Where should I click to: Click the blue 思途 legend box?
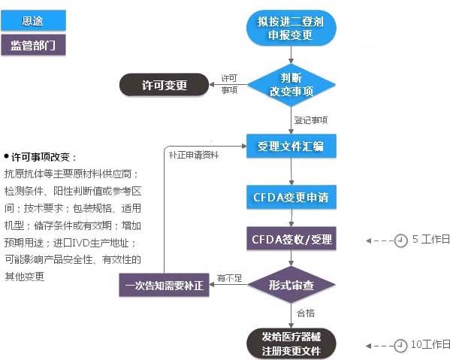[x=33, y=20]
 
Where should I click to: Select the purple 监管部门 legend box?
[x=33, y=45]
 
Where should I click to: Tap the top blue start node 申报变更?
[x=291, y=29]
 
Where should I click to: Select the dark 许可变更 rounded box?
[x=164, y=85]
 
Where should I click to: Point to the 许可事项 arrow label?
[x=230, y=84]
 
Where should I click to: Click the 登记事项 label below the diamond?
[x=310, y=119]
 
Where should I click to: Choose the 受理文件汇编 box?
[x=291, y=146]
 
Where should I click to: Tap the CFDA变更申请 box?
[x=291, y=198]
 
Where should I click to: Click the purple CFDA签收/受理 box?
[x=291, y=239]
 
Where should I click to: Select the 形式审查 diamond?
[x=291, y=286]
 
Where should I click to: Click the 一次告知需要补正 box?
[x=164, y=286]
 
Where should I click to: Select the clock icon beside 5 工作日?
[x=401, y=241]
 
